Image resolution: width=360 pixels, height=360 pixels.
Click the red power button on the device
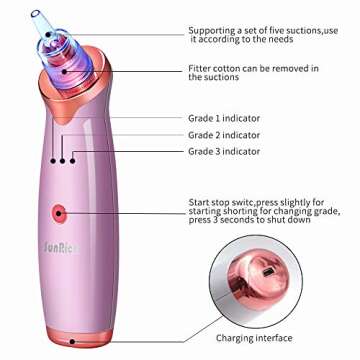pos(58,213)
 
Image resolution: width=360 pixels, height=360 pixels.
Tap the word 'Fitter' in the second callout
pos(201,68)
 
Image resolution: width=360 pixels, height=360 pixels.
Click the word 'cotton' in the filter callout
pos(235,68)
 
